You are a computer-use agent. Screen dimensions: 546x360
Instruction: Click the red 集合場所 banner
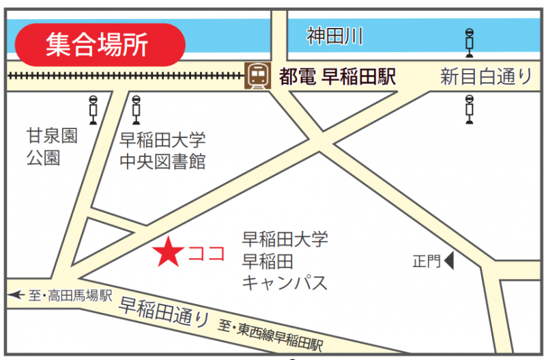coord(100,44)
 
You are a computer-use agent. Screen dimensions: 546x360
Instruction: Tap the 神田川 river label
coord(334,35)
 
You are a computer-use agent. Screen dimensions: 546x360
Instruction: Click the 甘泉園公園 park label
coord(52,147)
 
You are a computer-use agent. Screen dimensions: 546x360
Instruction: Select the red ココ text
coord(206,253)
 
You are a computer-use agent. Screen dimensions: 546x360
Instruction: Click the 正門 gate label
coord(427,261)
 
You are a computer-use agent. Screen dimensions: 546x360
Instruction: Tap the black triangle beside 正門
coord(449,260)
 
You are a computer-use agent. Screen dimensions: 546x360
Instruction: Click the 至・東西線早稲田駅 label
coord(270,335)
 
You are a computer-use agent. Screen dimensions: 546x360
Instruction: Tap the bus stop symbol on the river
coord(470,42)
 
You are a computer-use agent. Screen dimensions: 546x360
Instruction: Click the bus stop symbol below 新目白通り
coord(470,109)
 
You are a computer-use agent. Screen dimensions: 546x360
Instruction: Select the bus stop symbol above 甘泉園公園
coord(94,109)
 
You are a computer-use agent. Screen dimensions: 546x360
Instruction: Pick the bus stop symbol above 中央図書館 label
coord(136,109)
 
